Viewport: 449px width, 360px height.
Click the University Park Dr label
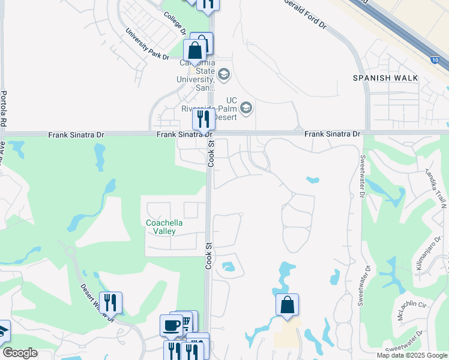click(x=147, y=44)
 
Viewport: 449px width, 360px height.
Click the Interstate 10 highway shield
click(x=434, y=60)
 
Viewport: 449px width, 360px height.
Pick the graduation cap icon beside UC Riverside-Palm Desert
click(x=246, y=109)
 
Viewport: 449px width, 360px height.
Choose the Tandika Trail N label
click(x=437, y=187)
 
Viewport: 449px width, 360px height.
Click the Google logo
click(x=20, y=353)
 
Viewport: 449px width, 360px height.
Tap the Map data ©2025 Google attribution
click(x=412, y=355)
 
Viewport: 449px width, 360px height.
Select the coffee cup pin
click(x=171, y=326)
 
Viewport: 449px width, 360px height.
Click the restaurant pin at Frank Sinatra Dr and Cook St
click(x=203, y=119)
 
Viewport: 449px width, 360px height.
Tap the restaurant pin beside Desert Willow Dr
click(x=110, y=303)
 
